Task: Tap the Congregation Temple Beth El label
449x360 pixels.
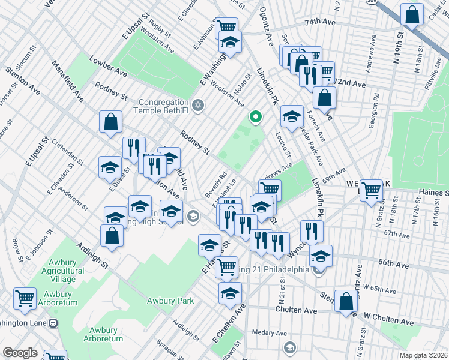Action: point(164,106)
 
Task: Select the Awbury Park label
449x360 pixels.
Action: point(170,301)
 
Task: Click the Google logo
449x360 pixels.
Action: point(20,353)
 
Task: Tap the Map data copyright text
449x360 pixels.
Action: point(424,355)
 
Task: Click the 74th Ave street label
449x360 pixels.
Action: point(319,21)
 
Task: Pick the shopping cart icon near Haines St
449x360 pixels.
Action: point(372,190)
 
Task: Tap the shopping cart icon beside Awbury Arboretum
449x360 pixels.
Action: point(25,298)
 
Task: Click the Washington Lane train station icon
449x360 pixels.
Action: point(53,323)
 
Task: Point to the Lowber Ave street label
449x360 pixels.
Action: point(108,67)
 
